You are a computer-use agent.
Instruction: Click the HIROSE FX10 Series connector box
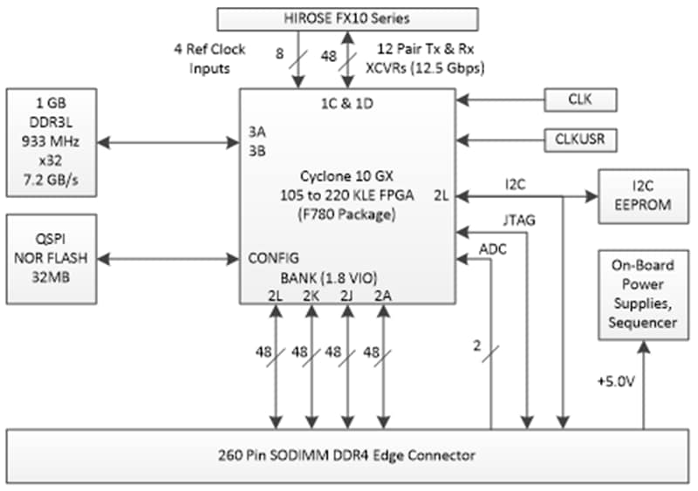[347, 18]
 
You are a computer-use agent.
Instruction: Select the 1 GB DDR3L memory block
[51, 141]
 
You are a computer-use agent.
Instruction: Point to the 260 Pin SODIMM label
[347, 453]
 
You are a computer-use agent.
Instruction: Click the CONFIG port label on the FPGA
[274, 258]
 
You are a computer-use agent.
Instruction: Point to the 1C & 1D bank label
[347, 103]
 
